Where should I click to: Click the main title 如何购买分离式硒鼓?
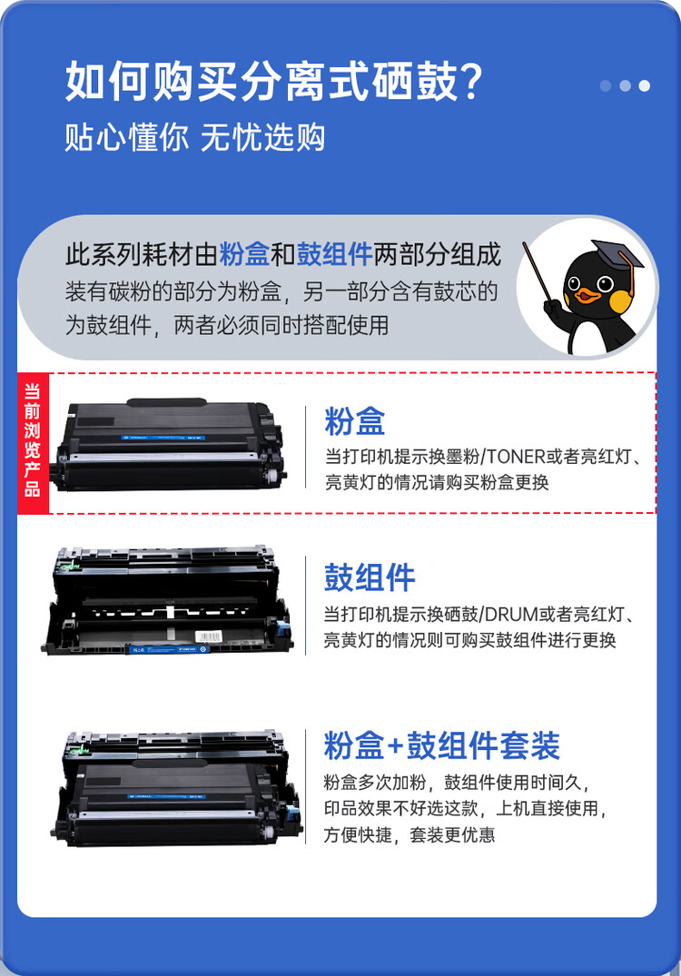pyautogui.click(x=272, y=84)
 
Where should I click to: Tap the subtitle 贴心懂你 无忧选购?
pyautogui.click(x=195, y=137)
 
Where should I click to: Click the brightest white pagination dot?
pyautogui.click(x=644, y=86)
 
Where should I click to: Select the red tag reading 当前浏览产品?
pyautogui.click(x=33, y=442)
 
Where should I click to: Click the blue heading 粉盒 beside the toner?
pyautogui.click(x=355, y=421)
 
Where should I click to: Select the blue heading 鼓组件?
pyautogui.click(x=370, y=577)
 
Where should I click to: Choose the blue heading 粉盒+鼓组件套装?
pyautogui.click(x=442, y=745)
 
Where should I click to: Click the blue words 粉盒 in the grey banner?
pyautogui.click(x=244, y=254)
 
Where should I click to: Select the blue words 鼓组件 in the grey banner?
pyautogui.click(x=335, y=254)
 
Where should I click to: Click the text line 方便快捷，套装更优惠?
pyautogui.click(x=410, y=834)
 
